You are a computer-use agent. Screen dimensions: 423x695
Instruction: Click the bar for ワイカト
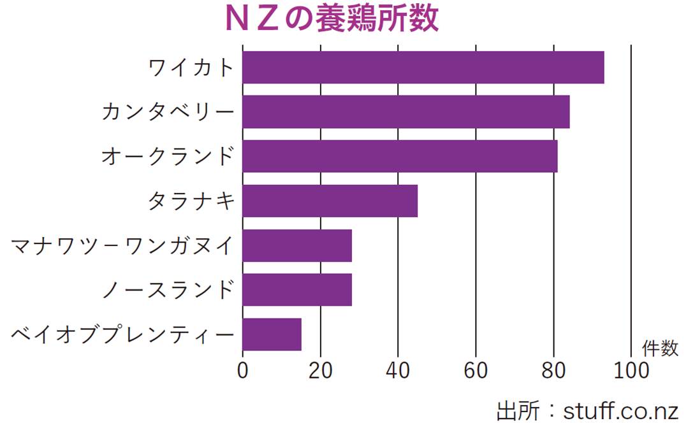pyautogui.click(x=423, y=67)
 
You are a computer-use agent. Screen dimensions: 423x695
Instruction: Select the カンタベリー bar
pyautogui.click(x=406, y=111)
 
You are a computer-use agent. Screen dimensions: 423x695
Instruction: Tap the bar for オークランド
pyautogui.click(x=400, y=156)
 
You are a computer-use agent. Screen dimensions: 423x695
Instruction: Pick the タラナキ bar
pyautogui.click(x=330, y=201)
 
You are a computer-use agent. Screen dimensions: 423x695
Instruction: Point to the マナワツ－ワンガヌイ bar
pyautogui.click(x=297, y=245)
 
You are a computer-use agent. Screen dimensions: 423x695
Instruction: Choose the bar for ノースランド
pyautogui.click(x=297, y=290)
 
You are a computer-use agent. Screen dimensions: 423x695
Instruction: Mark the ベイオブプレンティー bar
pyautogui.click(x=272, y=334)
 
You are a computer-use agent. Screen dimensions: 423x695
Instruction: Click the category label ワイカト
pyautogui.click(x=191, y=68)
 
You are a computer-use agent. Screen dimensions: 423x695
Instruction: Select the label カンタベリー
pyautogui.click(x=168, y=112)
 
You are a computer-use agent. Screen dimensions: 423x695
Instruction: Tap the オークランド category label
pyautogui.click(x=168, y=157)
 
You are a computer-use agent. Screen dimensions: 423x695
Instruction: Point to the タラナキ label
pyautogui.click(x=191, y=201)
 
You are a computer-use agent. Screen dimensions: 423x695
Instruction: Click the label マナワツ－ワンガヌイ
pyautogui.click(x=123, y=246)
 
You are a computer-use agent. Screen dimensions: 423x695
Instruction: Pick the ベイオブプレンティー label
pyautogui.click(x=123, y=334)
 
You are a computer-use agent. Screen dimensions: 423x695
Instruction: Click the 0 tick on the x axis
pyautogui.click(x=243, y=370)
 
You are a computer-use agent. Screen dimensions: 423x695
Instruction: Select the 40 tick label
pyautogui.click(x=398, y=370)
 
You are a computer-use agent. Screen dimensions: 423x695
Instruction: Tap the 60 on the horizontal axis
pyautogui.click(x=476, y=370)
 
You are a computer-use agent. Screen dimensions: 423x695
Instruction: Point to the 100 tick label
pyautogui.click(x=630, y=370)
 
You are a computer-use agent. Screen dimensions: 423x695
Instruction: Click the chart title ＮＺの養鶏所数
pyautogui.click(x=332, y=19)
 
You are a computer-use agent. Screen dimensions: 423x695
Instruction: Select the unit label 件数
pyautogui.click(x=660, y=348)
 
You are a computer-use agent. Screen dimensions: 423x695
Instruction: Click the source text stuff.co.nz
pyautogui.click(x=620, y=410)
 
